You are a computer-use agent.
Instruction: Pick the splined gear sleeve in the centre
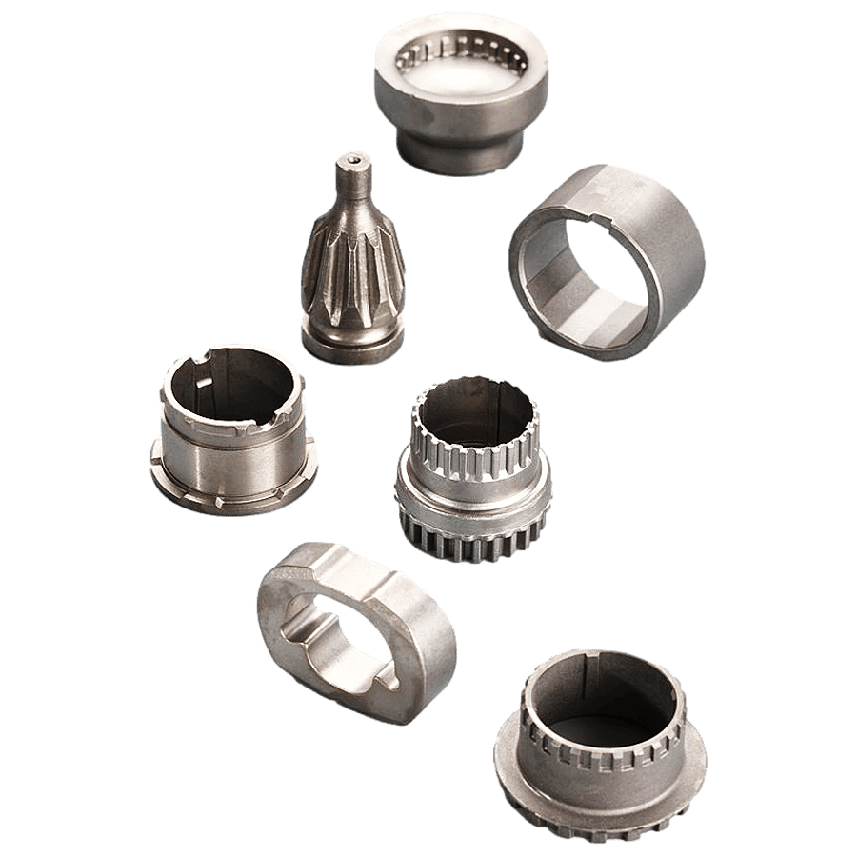coord(473,471)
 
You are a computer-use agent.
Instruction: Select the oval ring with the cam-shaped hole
coord(357,628)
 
